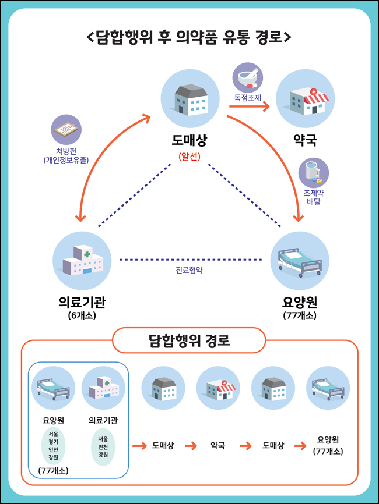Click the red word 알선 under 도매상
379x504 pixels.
[189, 157]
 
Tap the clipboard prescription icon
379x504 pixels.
[66, 130]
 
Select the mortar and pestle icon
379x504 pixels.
[248, 78]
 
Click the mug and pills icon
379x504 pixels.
[313, 173]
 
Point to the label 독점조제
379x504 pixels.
[248, 97]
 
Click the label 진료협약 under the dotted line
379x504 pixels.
[189, 270]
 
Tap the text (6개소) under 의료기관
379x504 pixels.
[82, 315]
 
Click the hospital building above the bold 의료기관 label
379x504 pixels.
[82, 261]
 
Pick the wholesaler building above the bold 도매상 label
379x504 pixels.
[190, 99]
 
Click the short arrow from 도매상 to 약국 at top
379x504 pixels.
[249, 107]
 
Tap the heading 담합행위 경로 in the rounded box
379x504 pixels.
[189, 340]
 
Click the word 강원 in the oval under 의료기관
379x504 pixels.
[103, 455]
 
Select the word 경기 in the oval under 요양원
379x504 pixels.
[54, 442]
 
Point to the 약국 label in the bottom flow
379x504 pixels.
[218, 445]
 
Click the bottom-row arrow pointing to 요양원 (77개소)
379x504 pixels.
[300, 446]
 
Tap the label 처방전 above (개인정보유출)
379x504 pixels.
[66, 151]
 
